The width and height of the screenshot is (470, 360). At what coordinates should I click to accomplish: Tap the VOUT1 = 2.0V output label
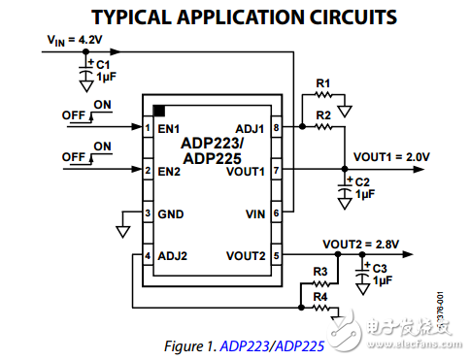coord(391,156)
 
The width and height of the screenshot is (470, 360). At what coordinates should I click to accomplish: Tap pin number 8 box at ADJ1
coord(276,128)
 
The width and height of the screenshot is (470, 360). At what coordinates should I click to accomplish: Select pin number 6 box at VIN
coord(276,213)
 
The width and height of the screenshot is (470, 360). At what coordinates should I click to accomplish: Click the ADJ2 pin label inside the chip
coord(173,256)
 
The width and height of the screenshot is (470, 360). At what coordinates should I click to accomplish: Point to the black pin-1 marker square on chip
coord(159,111)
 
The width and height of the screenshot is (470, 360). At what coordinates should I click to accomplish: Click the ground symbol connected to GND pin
coord(122,231)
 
